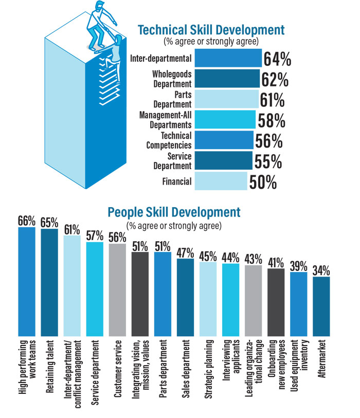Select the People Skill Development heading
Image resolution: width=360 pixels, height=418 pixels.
click(174, 212)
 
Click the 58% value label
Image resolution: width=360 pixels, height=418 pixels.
click(272, 120)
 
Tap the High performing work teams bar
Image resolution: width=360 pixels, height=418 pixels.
click(27, 281)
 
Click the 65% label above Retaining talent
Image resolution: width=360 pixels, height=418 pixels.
click(49, 222)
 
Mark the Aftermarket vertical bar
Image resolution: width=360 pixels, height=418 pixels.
click(321, 306)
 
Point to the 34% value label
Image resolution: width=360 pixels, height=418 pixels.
click(321, 270)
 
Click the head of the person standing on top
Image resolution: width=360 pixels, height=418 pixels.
click(100, 5)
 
